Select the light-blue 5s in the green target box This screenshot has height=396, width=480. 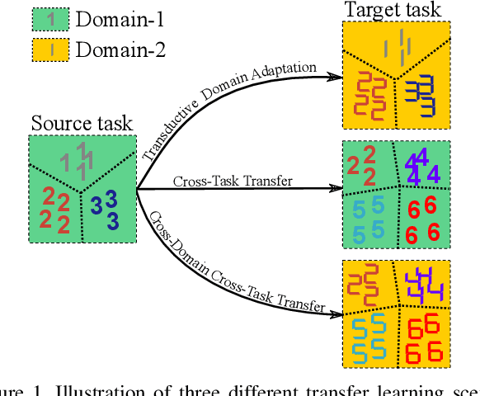pyautogui.click(x=369, y=219)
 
